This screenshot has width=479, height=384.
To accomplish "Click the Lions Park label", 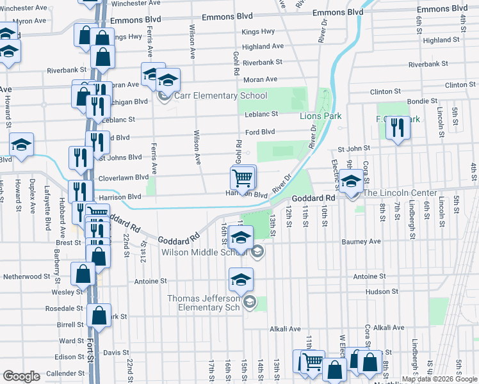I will [320, 116].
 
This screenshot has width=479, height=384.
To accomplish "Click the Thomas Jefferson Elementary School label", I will [204, 303].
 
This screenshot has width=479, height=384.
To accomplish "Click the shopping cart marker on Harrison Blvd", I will [243, 178].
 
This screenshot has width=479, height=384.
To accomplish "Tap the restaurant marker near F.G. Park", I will [397, 128].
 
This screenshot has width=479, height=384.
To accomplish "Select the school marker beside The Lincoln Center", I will [351, 182].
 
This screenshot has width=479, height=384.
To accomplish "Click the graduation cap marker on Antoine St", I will [241, 280].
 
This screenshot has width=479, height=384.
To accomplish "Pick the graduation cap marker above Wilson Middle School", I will [241, 237].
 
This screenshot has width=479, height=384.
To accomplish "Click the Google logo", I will [21, 376].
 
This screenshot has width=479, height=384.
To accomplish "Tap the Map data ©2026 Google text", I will [439, 379].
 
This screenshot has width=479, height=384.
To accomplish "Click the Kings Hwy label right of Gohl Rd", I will [259, 31].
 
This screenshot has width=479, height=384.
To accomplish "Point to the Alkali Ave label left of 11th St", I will [285, 329].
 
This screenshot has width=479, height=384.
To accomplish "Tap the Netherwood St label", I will [27, 276].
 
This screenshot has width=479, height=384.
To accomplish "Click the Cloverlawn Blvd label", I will [123, 177].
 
